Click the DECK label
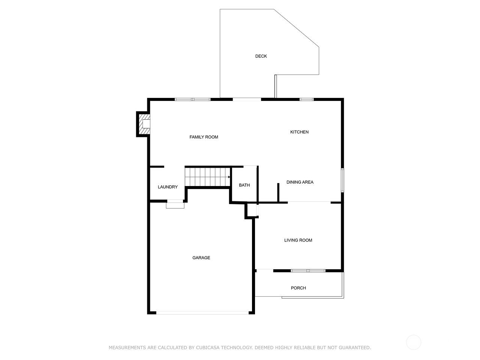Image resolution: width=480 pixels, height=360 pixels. point(261,56)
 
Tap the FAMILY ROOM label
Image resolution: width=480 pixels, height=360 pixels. point(204,137)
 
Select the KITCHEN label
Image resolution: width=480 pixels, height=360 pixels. point(299,132)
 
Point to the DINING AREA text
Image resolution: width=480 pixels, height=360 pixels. point(300,182)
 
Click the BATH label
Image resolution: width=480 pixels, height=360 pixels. point(244,185)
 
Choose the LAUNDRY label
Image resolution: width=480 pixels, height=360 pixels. point(168,187)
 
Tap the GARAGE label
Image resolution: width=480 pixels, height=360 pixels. point(201,258)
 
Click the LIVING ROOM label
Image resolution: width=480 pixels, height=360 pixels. point(298,240)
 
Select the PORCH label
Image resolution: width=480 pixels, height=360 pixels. point(298,288)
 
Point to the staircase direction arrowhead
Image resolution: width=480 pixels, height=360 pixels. point(229,177)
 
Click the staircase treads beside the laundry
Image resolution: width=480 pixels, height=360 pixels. point(207,177)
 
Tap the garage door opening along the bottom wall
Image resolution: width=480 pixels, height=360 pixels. point(202,313)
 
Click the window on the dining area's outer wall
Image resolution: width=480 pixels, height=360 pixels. point(342,180)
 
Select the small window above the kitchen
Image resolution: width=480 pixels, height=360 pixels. point(306,99)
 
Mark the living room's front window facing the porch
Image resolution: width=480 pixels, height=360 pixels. point(308,271)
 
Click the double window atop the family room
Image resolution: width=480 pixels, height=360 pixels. point(193,99)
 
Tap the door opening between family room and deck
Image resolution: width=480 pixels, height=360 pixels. point(247,99)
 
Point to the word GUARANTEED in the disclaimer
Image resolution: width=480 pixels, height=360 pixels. point(354,347)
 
